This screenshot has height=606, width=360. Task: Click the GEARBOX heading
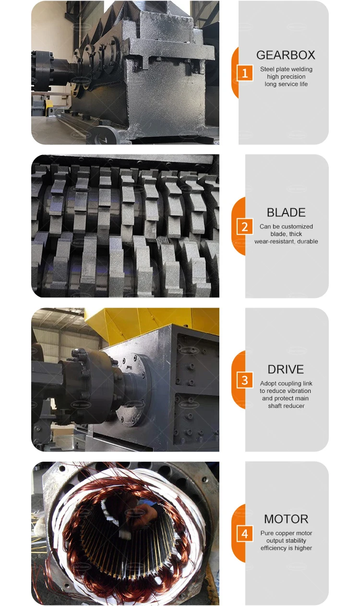tap(286, 55)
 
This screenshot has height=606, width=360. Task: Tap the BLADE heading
tap(286, 212)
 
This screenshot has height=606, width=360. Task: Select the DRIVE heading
tap(286, 369)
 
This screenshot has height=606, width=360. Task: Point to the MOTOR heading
tap(286, 519)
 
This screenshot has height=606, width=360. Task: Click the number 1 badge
tap(245, 73)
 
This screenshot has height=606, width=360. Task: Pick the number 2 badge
tap(245, 227)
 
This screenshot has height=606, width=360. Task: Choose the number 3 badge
tap(245, 380)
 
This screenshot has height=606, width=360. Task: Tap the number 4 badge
tap(245, 534)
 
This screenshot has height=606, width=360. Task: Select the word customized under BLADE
tap(301, 226)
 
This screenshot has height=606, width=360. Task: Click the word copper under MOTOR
tap(285, 533)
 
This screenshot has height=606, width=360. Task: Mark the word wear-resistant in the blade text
tap(275, 241)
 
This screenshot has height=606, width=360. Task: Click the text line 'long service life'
tap(286, 84)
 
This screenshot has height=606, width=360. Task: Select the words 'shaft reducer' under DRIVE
tap(286, 406)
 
